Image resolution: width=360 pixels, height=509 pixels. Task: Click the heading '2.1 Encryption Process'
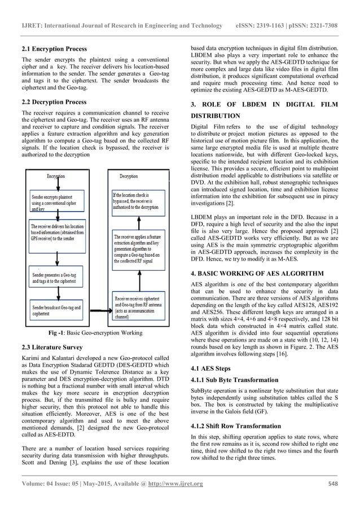pyautogui.click(x=50, y=49)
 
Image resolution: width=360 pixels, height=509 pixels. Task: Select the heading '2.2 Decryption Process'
pyautogui.click(x=50, y=102)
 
